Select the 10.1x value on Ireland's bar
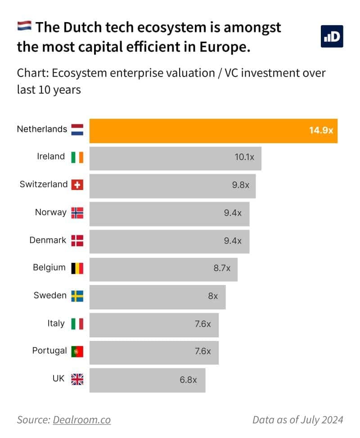(x=244, y=158)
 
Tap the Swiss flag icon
(x=77, y=185)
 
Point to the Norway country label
(x=50, y=212)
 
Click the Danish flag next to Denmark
(x=77, y=240)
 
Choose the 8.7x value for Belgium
(x=222, y=268)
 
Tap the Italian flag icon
(x=77, y=324)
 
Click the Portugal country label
(x=49, y=351)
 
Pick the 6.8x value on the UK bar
(x=189, y=379)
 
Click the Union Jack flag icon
(x=77, y=379)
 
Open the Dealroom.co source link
(x=81, y=420)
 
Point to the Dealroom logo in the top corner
(x=332, y=36)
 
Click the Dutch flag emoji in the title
(x=24, y=27)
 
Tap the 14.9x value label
(x=321, y=131)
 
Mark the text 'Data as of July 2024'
(x=298, y=420)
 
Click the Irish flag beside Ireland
(x=77, y=157)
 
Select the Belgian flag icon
(x=77, y=268)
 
